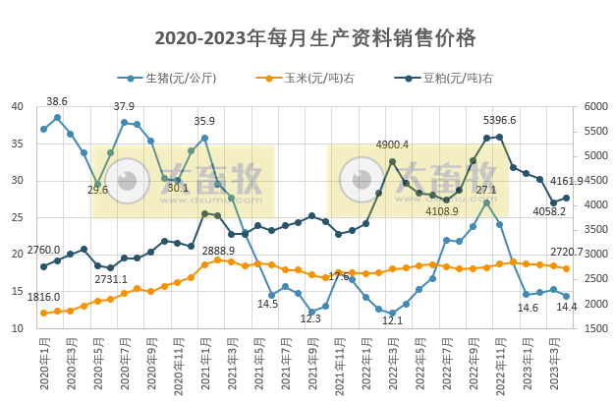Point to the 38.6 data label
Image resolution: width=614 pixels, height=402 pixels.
[x=57, y=101]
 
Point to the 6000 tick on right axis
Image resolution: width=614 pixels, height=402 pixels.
[x=596, y=107]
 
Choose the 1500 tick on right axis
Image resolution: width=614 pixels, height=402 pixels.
[x=596, y=328]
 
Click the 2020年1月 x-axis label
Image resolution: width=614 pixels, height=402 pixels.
[x=44, y=367]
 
